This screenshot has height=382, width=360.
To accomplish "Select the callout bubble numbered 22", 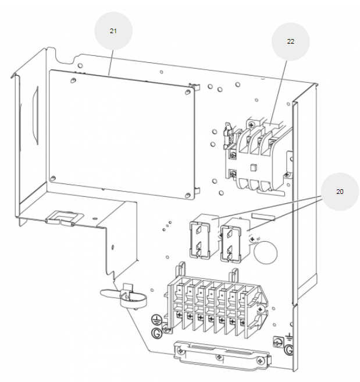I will (x=290, y=42).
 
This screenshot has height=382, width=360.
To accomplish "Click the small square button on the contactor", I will (x=253, y=169).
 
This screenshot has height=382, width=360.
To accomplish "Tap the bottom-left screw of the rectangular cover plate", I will (x=53, y=178).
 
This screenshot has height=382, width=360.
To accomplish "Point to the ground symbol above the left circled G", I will (x=156, y=319).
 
